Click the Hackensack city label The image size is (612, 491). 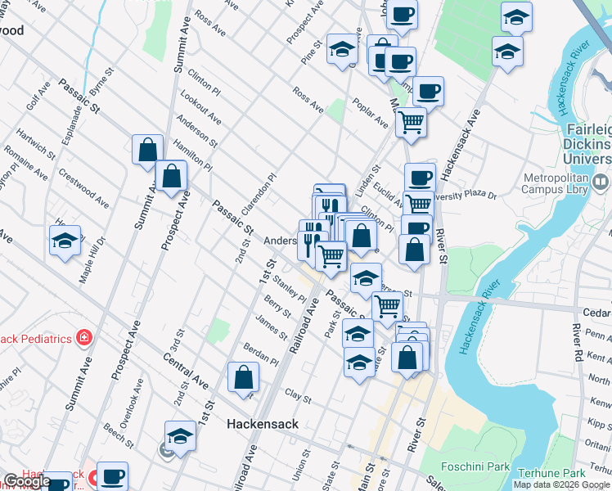[262, 424]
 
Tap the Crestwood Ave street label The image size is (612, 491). [84, 188]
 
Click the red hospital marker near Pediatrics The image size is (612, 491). [83, 337]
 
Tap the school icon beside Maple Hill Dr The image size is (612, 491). [65, 241]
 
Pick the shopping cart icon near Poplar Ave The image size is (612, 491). [410, 123]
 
